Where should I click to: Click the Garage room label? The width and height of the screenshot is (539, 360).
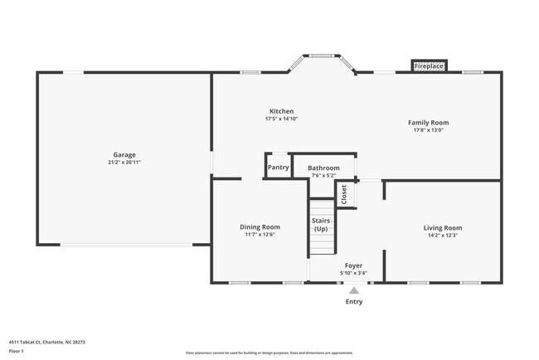tap(124, 154)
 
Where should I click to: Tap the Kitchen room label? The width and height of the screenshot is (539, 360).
tap(281, 111)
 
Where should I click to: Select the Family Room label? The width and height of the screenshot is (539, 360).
tap(428, 122)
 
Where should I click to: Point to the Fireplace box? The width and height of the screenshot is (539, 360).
tap(429, 66)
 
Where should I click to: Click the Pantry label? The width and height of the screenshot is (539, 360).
tap(279, 167)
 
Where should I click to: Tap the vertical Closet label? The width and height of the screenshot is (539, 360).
tap(344, 193)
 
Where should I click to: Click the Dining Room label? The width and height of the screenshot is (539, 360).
tap(260, 226)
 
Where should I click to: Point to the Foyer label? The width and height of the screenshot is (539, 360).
tap(353, 265)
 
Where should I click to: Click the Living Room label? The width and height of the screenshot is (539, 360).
tap(443, 226)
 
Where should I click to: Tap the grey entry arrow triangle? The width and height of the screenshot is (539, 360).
tap(354, 291)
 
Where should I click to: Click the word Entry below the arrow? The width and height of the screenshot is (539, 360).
tap(354, 302)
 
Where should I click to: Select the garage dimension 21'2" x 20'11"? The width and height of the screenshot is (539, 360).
tap(124, 163)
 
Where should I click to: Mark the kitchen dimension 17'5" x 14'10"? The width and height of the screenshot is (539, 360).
tap(281, 119)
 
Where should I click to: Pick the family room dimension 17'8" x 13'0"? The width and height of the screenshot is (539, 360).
tap(428, 130)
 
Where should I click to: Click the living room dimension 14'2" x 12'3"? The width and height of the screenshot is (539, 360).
tap(443, 235)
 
